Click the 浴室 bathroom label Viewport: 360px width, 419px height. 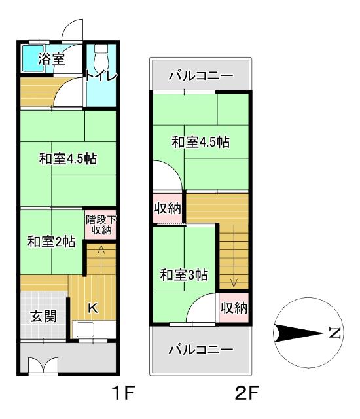[x=51, y=59]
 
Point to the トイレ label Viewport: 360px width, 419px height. [x=100, y=77]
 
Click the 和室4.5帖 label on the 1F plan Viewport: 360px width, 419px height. [x=67, y=158]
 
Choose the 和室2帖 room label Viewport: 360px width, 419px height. [x=51, y=241]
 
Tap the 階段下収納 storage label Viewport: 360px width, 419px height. [x=101, y=225]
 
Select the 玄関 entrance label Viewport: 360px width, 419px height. [x=43, y=316]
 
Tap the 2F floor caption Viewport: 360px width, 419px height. [x=248, y=395]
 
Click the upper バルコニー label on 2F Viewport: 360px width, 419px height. [x=200, y=76]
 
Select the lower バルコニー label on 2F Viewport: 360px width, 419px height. [x=200, y=350]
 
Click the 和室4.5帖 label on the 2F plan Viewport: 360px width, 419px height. [x=200, y=141]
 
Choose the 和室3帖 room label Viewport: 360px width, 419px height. [x=184, y=275]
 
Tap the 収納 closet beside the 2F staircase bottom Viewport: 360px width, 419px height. [x=234, y=308]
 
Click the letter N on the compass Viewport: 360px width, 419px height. [x=334, y=334]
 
